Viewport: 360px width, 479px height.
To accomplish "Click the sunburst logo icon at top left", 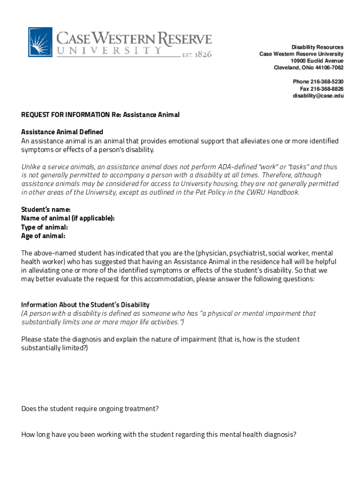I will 40,42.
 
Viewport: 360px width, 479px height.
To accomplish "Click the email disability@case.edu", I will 318,96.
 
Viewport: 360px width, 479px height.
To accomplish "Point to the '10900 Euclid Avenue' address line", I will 317,61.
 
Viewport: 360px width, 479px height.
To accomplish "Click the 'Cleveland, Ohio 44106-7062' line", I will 309,68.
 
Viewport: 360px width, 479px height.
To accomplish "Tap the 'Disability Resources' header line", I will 317,47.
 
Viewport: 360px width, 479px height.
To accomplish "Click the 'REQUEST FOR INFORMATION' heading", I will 65,115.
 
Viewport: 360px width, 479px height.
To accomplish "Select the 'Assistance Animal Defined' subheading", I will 62,132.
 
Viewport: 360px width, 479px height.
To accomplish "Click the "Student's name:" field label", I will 46,210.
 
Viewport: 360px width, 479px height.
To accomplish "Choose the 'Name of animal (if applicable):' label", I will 68,218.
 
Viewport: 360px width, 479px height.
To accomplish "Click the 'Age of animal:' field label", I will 43,236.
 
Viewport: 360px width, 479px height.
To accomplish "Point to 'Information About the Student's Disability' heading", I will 86,305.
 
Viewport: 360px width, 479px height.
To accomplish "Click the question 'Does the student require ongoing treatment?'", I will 90,409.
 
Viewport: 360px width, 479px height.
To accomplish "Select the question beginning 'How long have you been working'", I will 159,435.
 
